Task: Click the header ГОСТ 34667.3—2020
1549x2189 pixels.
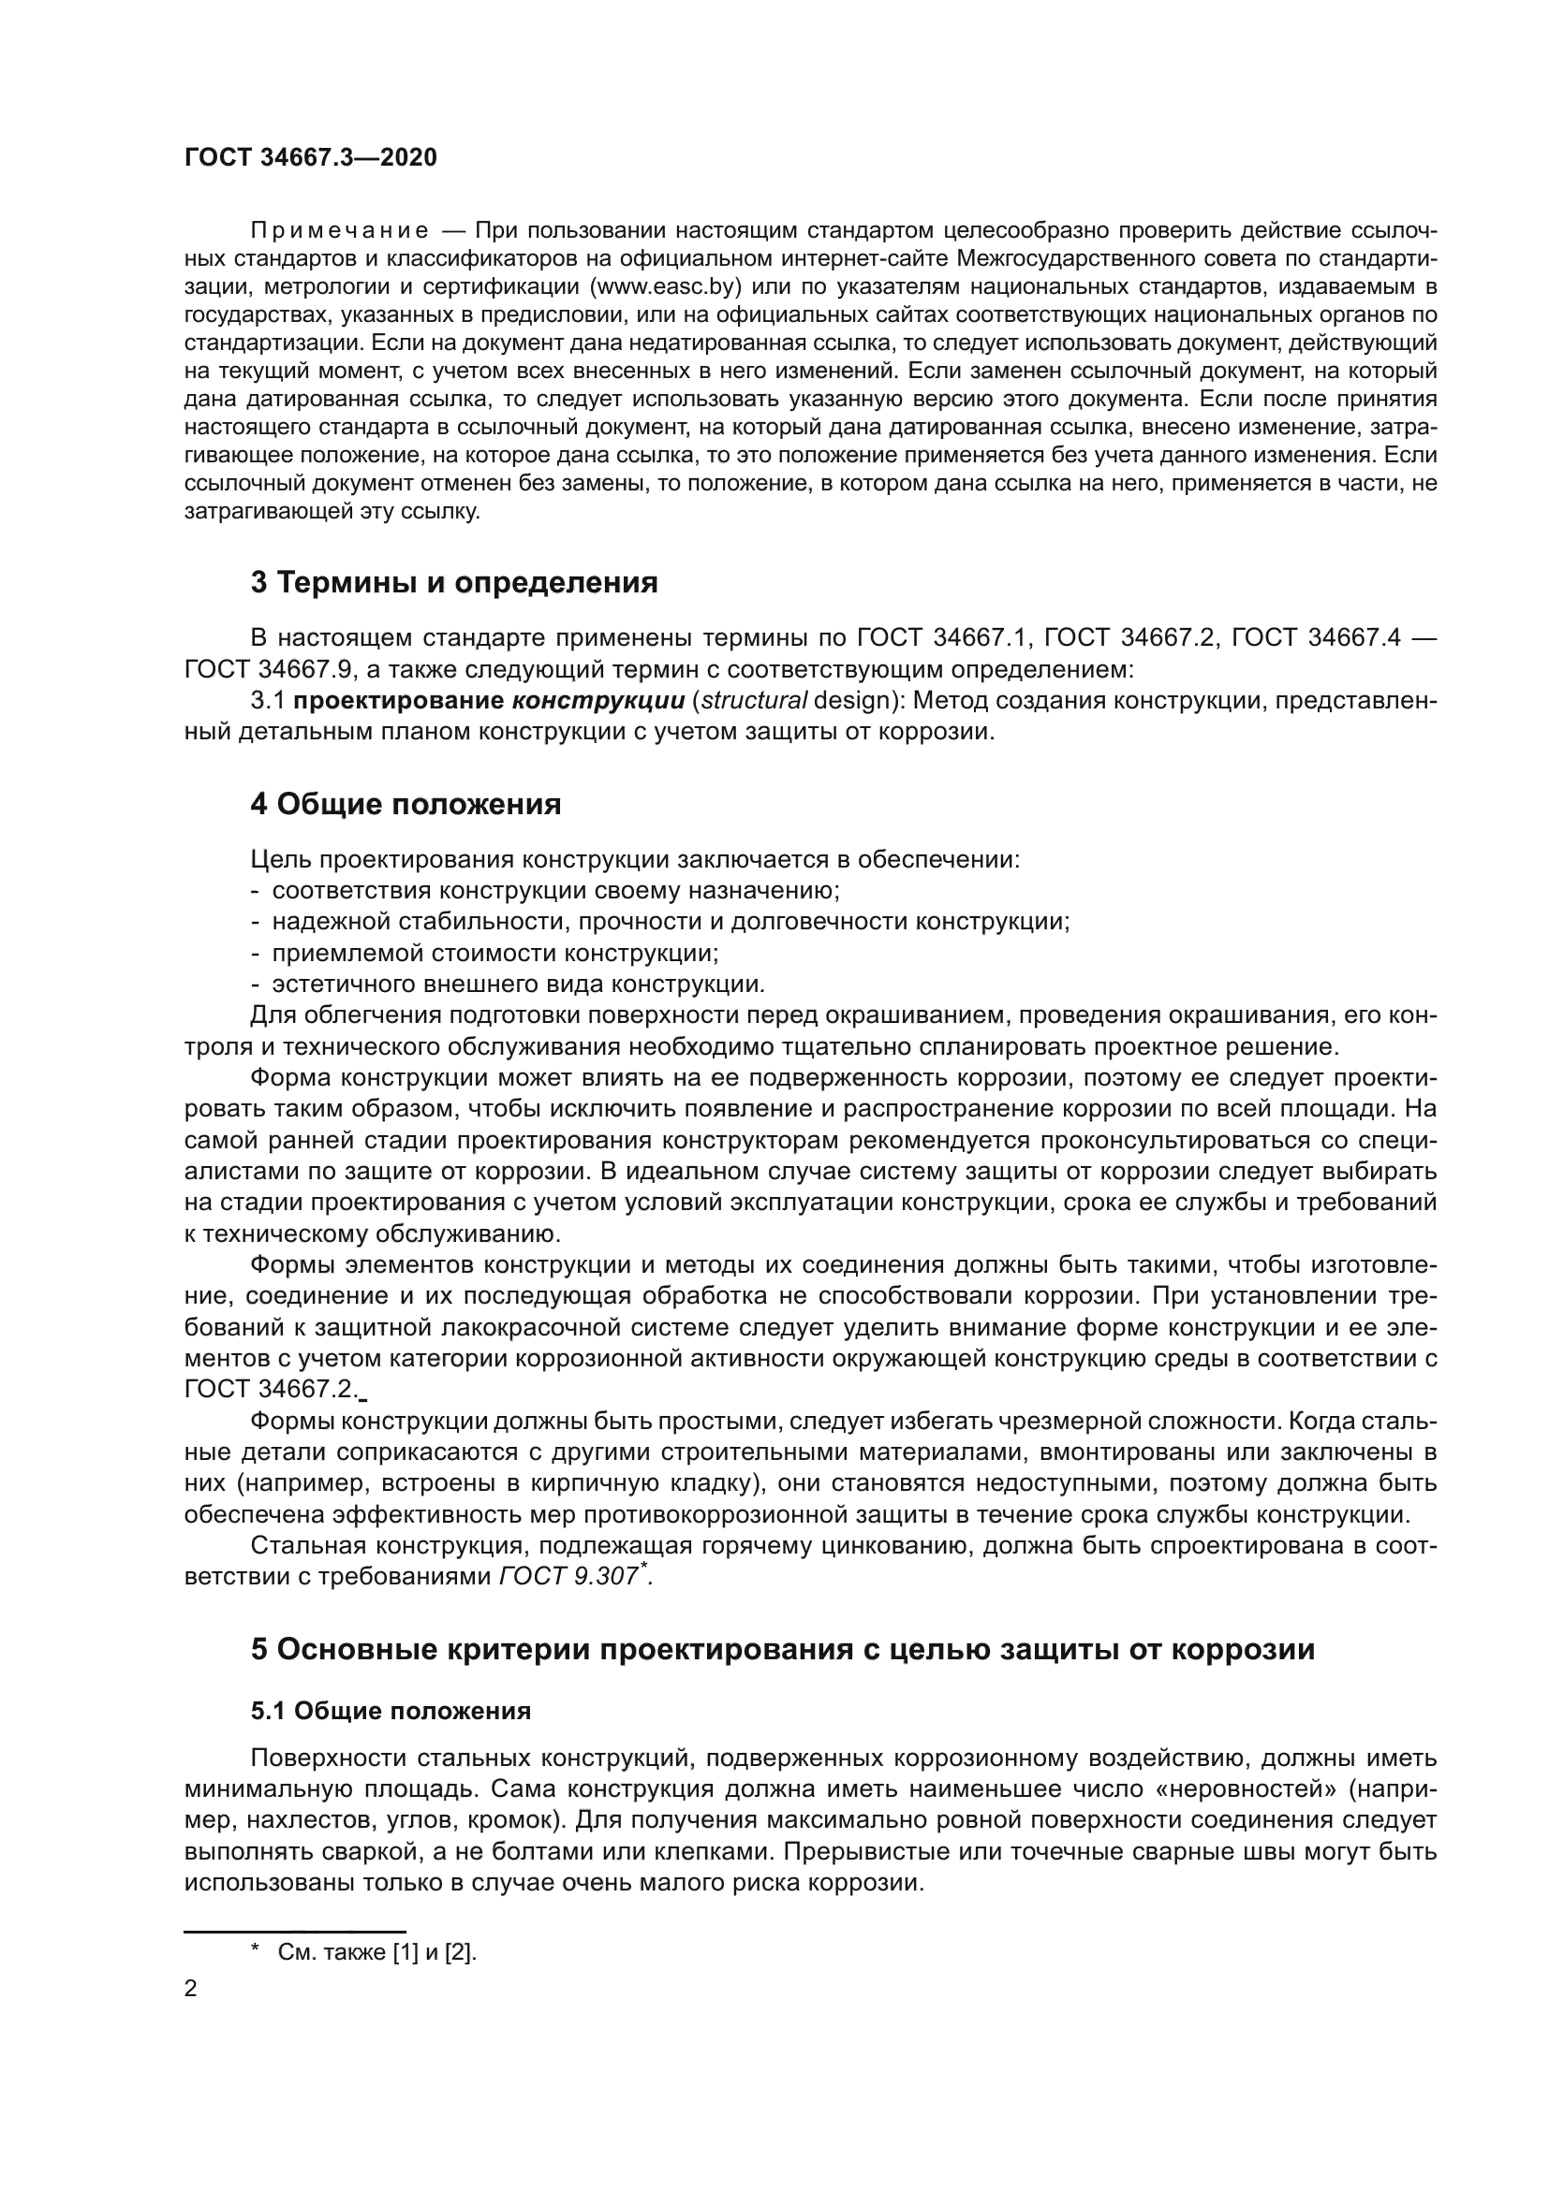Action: tap(310, 158)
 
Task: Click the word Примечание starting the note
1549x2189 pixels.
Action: tap(338, 231)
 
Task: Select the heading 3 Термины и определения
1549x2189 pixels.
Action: tap(454, 582)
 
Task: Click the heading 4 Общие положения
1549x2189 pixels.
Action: tap(406, 805)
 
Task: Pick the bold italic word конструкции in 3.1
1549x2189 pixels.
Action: tap(598, 701)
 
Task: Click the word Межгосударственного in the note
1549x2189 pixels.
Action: tap(1078, 258)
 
